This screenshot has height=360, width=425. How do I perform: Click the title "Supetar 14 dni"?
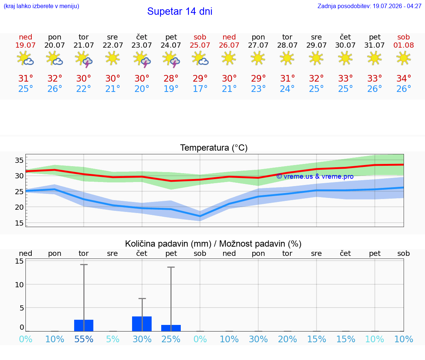click(180, 11)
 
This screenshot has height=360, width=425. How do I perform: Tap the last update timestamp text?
click(369, 6)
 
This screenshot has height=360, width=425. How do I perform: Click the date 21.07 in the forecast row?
click(83, 45)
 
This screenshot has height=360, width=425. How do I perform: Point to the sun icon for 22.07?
click(113, 58)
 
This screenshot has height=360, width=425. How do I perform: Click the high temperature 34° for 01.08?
click(404, 78)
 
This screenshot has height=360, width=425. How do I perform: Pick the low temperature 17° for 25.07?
click(200, 89)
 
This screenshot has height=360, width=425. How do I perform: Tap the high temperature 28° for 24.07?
click(171, 78)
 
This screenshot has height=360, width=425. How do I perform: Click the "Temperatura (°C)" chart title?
click(214, 148)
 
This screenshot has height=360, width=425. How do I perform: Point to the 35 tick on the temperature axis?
click(19, 160)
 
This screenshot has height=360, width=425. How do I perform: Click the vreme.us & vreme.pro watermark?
click(315, 176)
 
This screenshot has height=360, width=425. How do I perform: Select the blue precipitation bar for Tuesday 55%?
click(84, 325)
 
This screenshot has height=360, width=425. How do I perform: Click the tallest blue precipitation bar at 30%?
click(142, 324)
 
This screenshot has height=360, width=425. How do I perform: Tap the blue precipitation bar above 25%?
click(171, 328)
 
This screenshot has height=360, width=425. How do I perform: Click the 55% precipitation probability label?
click(84, 339)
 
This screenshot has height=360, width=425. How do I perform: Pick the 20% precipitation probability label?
click(287, 339)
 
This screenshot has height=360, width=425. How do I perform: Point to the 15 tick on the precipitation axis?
click(19, 261)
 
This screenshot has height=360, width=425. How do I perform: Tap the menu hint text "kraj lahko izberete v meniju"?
click(41, 6)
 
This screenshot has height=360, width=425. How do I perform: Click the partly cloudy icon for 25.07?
click(200, 58)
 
